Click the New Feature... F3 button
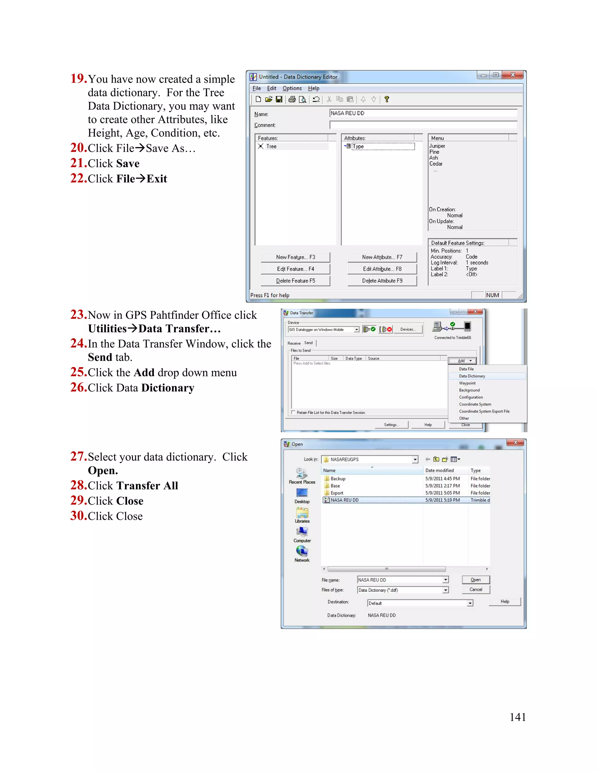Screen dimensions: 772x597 295,257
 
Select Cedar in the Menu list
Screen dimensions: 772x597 436,164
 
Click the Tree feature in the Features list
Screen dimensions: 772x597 271,146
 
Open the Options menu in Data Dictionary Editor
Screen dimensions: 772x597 292,88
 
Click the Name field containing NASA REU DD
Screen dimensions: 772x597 423,113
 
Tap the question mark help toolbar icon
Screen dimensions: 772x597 387,99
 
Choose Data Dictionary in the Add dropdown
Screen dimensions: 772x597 472,376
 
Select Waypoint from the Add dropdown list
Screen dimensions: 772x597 467,383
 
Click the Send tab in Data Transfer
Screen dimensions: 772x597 308,343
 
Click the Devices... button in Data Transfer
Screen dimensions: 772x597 408,329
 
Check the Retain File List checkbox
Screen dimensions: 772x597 293,413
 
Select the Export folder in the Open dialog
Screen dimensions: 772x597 337,493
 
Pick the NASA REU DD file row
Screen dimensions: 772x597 345,500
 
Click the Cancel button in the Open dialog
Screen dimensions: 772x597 476,590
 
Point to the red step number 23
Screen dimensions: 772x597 78,314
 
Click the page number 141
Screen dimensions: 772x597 517,717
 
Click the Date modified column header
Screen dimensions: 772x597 439,470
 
